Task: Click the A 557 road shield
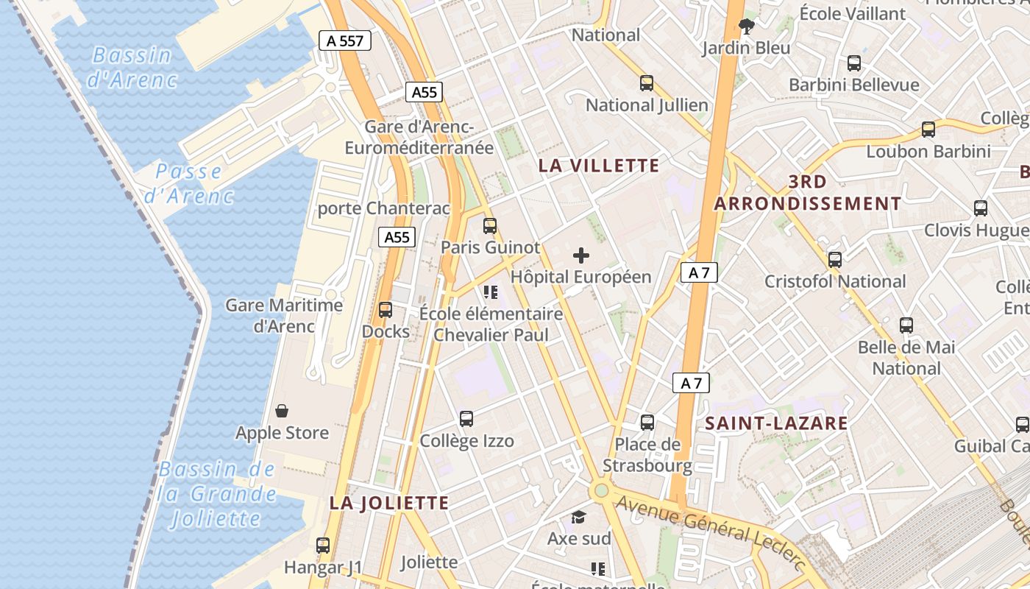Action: pos(344,41)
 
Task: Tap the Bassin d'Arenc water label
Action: pos(132,67)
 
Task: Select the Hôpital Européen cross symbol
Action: pos(581,255)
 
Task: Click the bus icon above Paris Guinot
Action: pos(490,226)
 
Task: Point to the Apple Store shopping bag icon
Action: pos(282,410)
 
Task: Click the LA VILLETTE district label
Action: pos(599,166)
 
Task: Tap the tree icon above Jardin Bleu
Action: pos(747,27)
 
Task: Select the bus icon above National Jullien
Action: pos(647,83)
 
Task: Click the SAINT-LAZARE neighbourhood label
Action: pos(776,423)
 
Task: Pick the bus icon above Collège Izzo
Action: pos(466,419)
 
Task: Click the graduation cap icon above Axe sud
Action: pos(579,517)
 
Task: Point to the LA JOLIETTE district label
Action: pos(388,503)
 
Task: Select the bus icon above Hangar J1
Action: pos(323,546)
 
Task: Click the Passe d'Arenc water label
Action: pos(188,183)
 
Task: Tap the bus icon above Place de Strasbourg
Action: pos(647,423)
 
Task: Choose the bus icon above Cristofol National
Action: pos(834,260)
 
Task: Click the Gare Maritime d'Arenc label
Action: pos(284,315)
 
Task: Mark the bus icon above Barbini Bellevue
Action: pos(854,63)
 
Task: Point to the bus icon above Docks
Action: pos(386,310)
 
